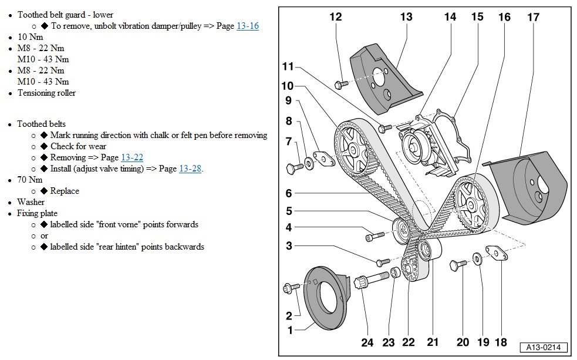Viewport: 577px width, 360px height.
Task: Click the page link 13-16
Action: pyautogui.click(x=247, y=26)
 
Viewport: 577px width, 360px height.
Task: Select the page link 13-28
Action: pyautogui.click(x=190, y=169)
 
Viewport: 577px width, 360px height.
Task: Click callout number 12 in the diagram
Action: pyautogui.click(x=335, y=17)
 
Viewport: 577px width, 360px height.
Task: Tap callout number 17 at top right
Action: pyautogui.click(x=532, y=17)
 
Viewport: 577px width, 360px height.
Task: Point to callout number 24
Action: pyautogui.click(x=367, y=342)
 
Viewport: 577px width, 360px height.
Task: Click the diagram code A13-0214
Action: pyautogui.click(x=544, y=348)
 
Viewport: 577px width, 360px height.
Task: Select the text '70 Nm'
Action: pyautogui.click(x=30, y=180)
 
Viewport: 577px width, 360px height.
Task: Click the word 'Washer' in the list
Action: pyautogui.click(x=31, y=202)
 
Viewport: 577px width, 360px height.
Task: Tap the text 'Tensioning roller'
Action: pyautogui.click(x=46, y=93)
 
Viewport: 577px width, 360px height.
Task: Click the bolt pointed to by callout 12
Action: pyautogui.click(x=340, y=85)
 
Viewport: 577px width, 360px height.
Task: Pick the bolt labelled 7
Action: pyautogui.click(x=295, y=168)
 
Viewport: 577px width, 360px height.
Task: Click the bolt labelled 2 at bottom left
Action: pyautogui.click(x=291, y=288)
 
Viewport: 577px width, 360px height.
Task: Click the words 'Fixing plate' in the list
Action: pyautogui.click(x=37, y=213)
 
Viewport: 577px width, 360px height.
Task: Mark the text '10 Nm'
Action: pyautogui.click(x=30, y=37)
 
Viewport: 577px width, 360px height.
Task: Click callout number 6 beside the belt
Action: pyautogui.click(x=289, y=193)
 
